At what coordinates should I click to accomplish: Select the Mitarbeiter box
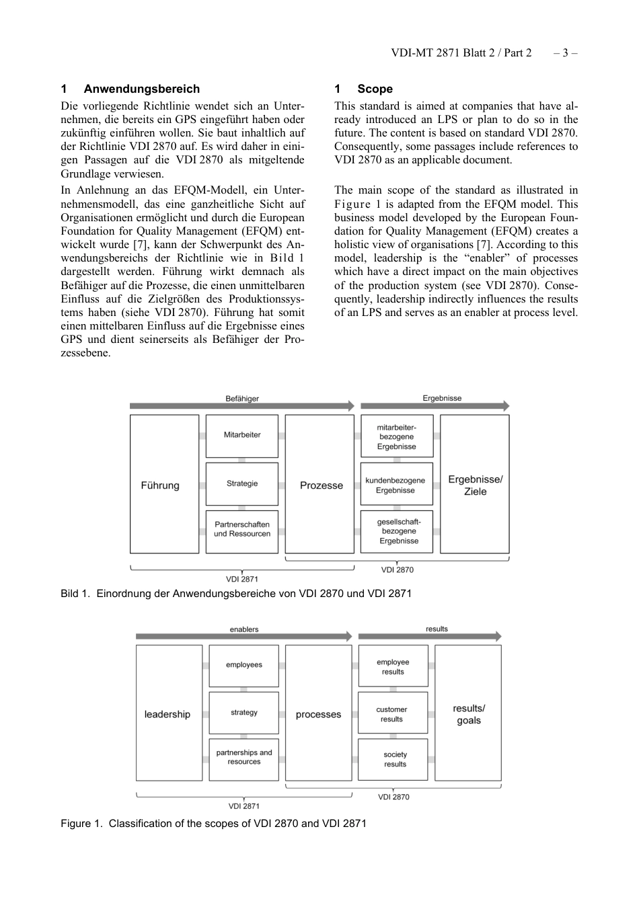(241, 436)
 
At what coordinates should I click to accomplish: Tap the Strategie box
(241, 483)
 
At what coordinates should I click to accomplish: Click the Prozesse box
(320, 484)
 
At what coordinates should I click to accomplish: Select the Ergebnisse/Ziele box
(475, 484)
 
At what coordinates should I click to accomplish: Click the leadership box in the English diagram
(168, 713)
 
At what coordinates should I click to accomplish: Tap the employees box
(243, 665)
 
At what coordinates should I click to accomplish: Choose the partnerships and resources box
(243, 757)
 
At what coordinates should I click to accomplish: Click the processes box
(319, 713)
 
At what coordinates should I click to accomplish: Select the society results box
(394, 759)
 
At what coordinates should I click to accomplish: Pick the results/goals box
(469, 713)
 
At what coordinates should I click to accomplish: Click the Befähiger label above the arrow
(241, 398)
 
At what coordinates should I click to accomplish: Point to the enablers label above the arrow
(243, 629)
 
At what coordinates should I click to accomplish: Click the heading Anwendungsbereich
(141, 89)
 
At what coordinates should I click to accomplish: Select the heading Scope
(375, 89)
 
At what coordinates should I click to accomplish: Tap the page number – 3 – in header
(565, 52)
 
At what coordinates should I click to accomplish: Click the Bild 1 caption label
(75, 594)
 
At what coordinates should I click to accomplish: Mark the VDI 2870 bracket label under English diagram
(393, 797)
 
